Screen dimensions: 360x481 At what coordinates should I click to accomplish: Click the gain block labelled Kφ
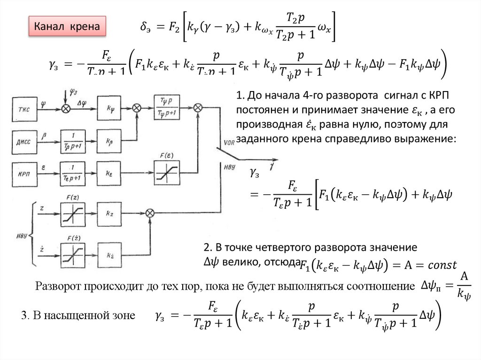(x=110, y=108)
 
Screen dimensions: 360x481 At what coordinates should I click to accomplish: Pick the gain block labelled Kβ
(x=110, y=139)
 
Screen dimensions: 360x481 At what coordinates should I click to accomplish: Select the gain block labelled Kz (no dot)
(x=110, y=213)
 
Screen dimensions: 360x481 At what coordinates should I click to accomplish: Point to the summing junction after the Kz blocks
(x=150, y=213)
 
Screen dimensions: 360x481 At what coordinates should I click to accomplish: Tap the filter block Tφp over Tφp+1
(x=167, y=107)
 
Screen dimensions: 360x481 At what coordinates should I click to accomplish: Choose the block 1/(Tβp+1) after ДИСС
(x=73, y=139)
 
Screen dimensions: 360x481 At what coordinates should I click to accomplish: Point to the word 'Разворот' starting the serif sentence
(x=59, y=286)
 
